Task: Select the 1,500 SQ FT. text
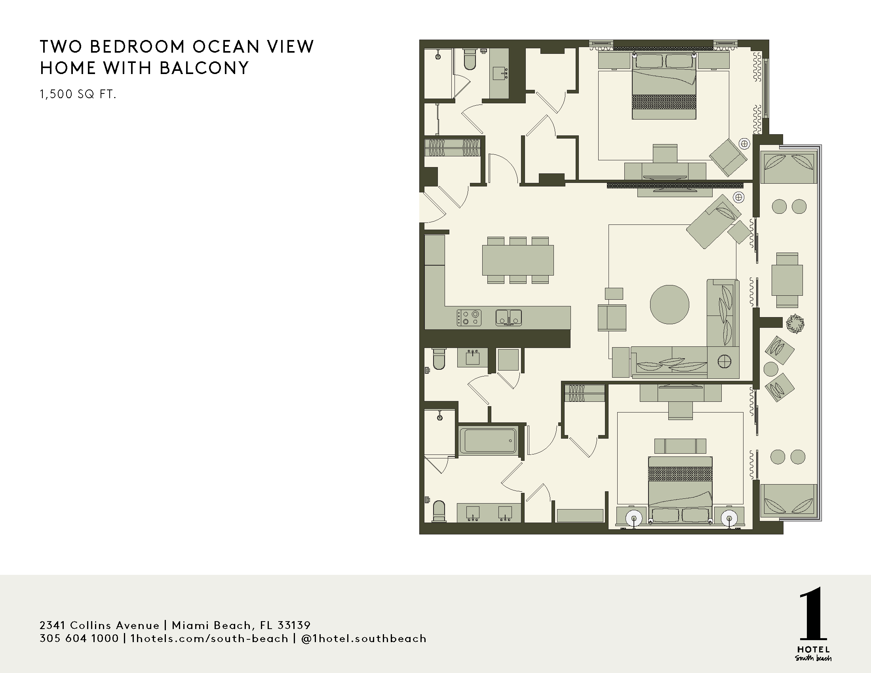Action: coord(78,95)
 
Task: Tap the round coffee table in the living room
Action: coord(669,304)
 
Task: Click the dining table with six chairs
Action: coord(518,260)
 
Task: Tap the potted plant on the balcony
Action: coord(795,323)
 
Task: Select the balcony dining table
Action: coord(787,280)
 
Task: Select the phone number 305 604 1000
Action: coord(79,639)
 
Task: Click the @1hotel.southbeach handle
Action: coord(364,639)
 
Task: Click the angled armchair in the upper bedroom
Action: coord(728,157)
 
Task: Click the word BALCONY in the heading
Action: coord(204,68)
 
